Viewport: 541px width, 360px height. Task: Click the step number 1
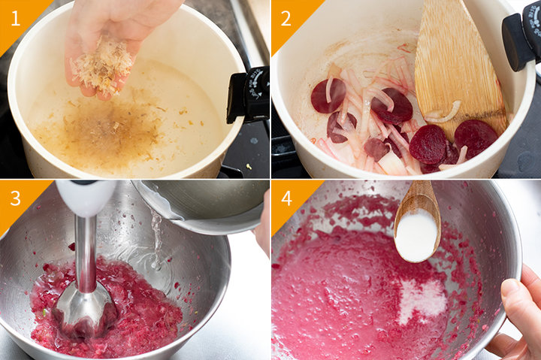tap(16, 18)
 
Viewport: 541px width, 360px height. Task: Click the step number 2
tap(286, 18)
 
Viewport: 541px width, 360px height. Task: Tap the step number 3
tap(16, 198)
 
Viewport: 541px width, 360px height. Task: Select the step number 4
tap(287, 198)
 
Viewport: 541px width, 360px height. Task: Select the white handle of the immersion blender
tap(86, 198)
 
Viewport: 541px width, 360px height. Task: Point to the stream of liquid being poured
tap(157, 238)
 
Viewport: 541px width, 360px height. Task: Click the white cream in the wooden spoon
tap(417, 234)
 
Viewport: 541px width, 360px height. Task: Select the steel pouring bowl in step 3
tap(204, 205)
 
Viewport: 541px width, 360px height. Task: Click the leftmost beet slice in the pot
tap(328, 95)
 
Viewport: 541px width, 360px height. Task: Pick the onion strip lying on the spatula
tap(443, 112)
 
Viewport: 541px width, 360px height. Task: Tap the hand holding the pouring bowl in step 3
tap(263, 225)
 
